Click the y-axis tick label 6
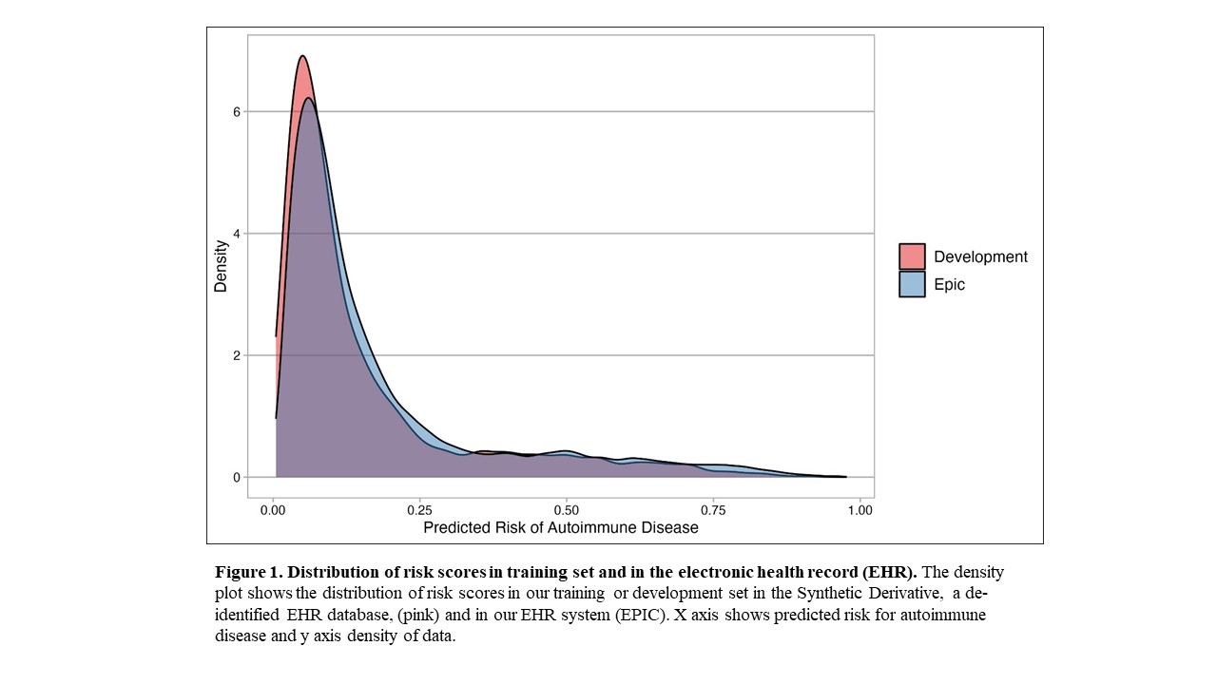(x=237, y=112)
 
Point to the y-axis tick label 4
(x=237, y=234)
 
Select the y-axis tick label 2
(x=237, y=355)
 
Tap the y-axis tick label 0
(x=237, y=478)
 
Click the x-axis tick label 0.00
(x=273, y=509)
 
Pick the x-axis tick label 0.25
(x=420, y=509)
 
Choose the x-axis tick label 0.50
(x=567, y=509)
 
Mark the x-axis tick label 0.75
(x=713, y=509)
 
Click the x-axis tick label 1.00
(x=860, y=509)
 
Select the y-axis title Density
(x=221, y=266)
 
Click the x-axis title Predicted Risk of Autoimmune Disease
(x=561, y=527)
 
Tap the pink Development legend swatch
(x=912, y=256)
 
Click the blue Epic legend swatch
(x=912, y=284)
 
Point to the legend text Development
(x=980, y=256)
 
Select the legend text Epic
(x=949, y=284)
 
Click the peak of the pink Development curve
(x=302, y=56)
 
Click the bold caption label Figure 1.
(x=248, y=573)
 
